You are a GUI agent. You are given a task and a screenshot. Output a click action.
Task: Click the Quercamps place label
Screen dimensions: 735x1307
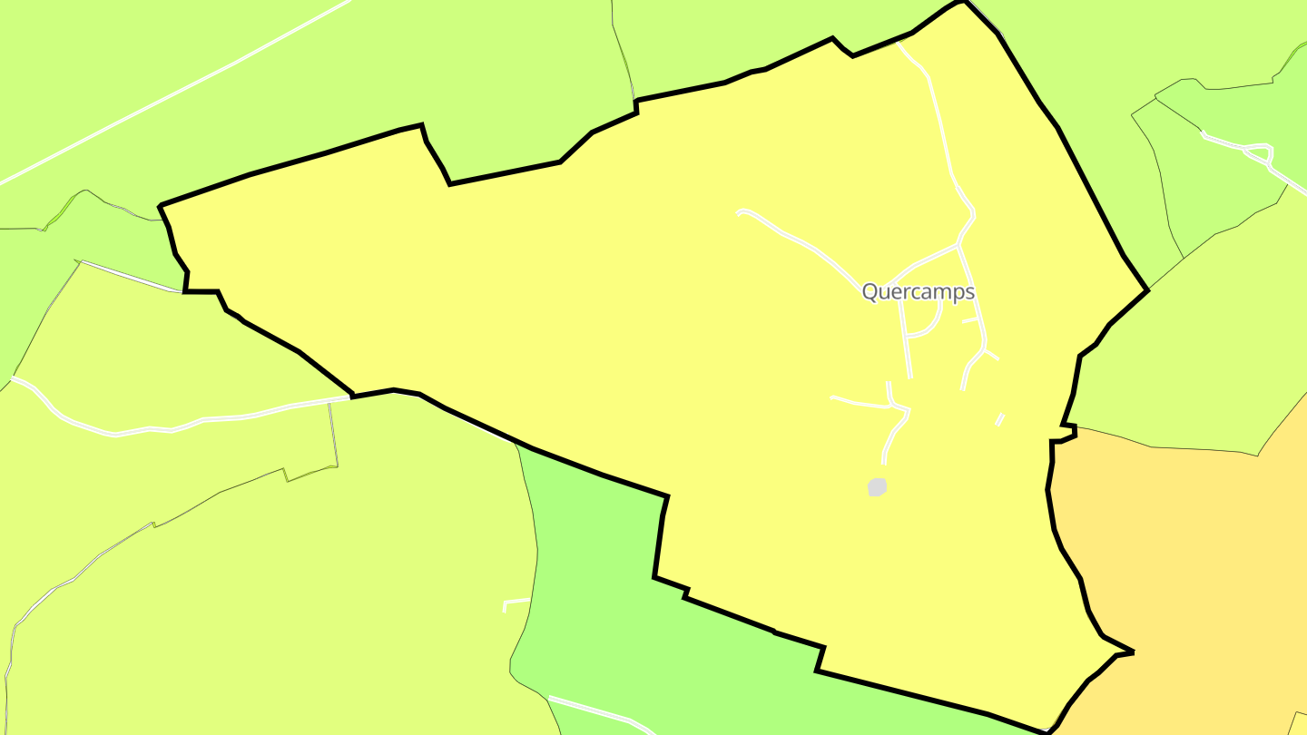click(x=918, y=291)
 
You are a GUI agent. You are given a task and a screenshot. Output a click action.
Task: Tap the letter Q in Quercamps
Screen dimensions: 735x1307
click(x=870, y=291)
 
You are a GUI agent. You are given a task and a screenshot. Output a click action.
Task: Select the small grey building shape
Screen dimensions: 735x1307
click(x=877, y=487)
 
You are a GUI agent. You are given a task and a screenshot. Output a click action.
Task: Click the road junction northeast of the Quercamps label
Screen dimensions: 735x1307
click(x=958, y=244)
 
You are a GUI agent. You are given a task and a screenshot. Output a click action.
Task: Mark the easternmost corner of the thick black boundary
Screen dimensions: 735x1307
click(x=1148, y=289)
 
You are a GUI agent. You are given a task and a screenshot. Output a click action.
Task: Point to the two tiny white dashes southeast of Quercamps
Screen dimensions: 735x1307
click(x=1000, y=419)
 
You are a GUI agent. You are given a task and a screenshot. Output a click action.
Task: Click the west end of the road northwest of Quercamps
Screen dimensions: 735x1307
click(x=740, y=213)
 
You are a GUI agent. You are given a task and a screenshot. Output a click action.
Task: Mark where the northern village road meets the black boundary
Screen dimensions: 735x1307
click(x=899, y=42)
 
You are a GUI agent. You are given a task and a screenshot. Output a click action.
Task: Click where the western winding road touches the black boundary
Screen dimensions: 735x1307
click(x=350, y=397)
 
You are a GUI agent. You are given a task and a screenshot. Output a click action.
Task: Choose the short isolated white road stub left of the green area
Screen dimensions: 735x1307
click(x=516, y=602)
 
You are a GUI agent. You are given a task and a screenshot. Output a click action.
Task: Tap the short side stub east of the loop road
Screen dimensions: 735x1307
click(x=970, y=319)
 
